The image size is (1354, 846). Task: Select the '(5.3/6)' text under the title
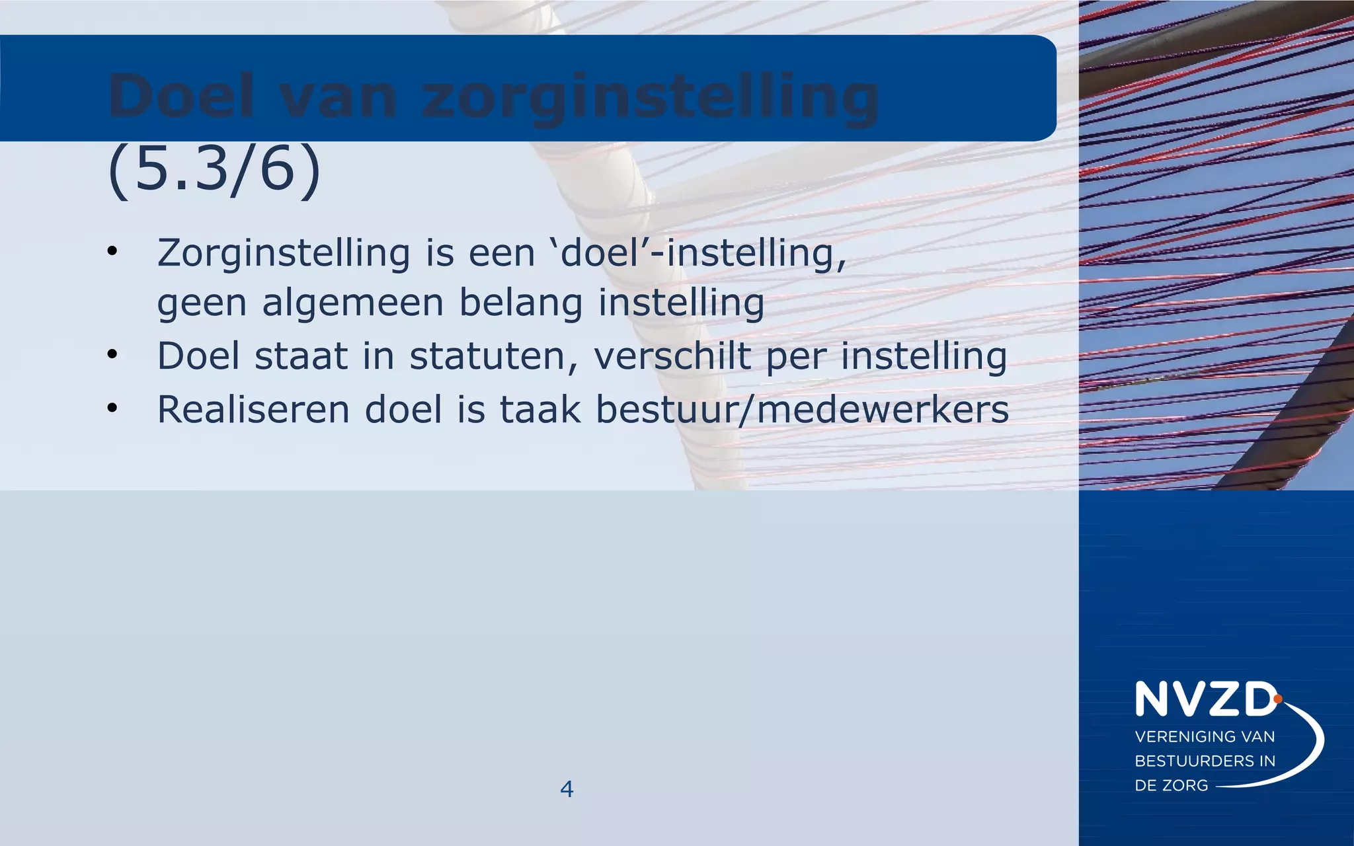point(214,170)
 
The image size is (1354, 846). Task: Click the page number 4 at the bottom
point(567,788)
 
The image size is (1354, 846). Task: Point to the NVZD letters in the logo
point(1205,700)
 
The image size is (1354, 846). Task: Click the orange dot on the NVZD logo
point(1277,699)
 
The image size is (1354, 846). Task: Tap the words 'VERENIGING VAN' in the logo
point(1205,736)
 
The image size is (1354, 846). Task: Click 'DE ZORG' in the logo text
point(1171,785)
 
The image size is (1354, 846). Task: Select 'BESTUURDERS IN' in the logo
point(1205,761)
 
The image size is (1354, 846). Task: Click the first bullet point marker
point(112,252)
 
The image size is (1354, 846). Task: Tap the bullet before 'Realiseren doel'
point(112,408)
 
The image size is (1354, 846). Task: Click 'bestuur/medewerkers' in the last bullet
point(802,409)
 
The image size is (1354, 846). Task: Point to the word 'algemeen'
point(352,303)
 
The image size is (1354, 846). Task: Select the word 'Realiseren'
point(253,409)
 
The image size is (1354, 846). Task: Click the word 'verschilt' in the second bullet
point(672,356)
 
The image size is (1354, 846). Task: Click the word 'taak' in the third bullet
point(539,409)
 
